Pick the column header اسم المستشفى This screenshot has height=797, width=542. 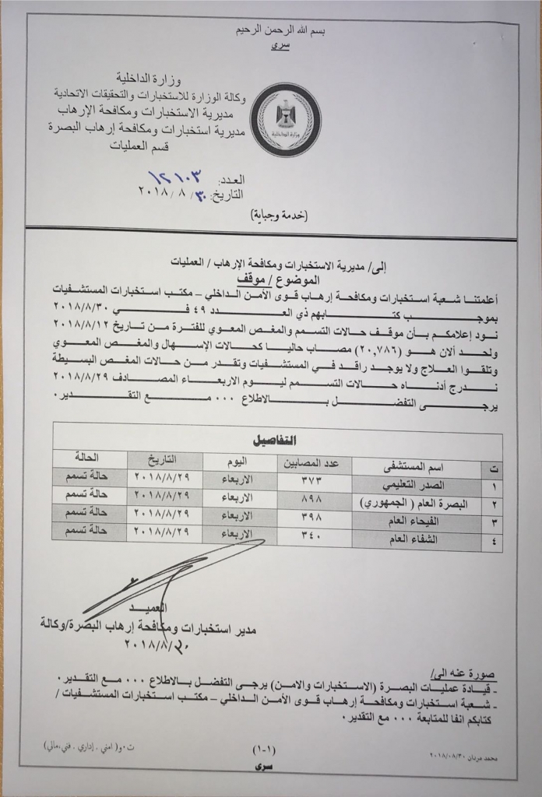tap(416, 468)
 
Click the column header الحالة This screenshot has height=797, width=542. tap(86, 457)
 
